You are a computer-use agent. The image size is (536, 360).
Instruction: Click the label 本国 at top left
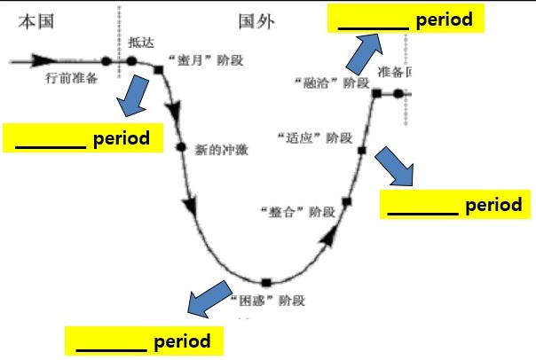coord(35,20)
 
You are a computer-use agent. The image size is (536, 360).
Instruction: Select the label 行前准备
coord(71,78)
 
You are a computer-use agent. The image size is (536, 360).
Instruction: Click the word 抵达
coord(140,42)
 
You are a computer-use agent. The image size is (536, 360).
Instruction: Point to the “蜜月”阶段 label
coord(205,61)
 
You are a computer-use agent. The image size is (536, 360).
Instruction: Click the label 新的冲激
coord(220,150)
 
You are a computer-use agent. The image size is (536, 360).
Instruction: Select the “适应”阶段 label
coord(314,138)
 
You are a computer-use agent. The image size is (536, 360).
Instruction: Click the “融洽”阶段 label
coord(331,82)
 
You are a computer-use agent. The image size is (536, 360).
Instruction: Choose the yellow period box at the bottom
coord(143,340)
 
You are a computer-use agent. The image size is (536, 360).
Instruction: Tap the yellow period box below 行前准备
coord(83,138)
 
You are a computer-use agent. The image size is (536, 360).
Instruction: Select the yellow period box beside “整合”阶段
coord(455,205)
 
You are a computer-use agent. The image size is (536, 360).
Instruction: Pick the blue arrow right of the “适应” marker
coord(397,167)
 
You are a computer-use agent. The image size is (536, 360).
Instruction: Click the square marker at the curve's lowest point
coord(265,283)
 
